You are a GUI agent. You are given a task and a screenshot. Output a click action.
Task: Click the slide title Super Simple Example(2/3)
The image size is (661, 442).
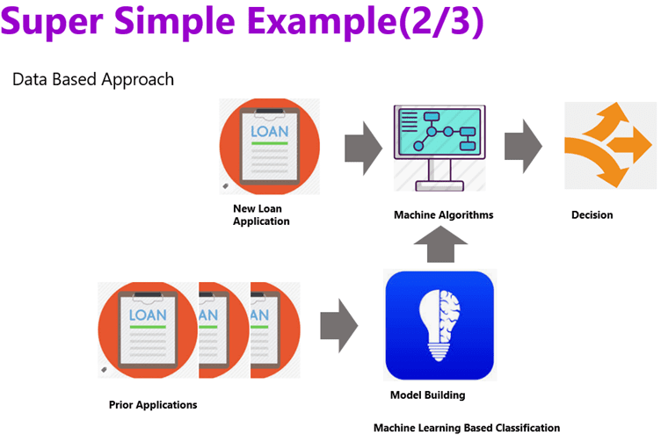pyautogui.click(x=243, y=24)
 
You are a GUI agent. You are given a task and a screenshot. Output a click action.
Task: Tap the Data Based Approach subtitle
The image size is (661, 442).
pyautogui.click(x=93, y=80)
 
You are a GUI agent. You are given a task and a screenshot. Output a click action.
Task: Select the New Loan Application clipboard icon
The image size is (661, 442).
pyautogui.click(x=269, y=146)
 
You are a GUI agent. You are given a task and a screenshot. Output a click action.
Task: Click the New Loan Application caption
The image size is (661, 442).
pyautogui.click(x=261, y=215)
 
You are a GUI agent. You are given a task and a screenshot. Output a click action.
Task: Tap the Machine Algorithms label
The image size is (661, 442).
pyautogui.click(x=443, y=214)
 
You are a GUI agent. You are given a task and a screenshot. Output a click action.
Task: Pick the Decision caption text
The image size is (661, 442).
pyautogui.click(x=592, y=214)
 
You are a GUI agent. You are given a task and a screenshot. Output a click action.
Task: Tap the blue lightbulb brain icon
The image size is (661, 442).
pyautogui.click(x=439, y=324)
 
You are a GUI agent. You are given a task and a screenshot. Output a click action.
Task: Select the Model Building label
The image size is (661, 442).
pyautogui.click(x=427, y=395)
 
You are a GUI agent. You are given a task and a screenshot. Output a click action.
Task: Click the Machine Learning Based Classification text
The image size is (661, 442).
pyautogui.click(x=466, y=428)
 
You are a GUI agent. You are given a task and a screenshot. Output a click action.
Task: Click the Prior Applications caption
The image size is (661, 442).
pyautogui.click(x=153, y=405)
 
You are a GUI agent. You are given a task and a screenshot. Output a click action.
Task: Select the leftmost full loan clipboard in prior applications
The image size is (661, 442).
pyautogui.click(x=147, y=330)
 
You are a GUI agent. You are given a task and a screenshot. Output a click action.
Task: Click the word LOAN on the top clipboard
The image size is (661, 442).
pyautogui.click(x=269, y=133)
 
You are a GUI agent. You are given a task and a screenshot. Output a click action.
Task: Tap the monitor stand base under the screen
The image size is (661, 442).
pyautogui.click(x=437, y=186)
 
